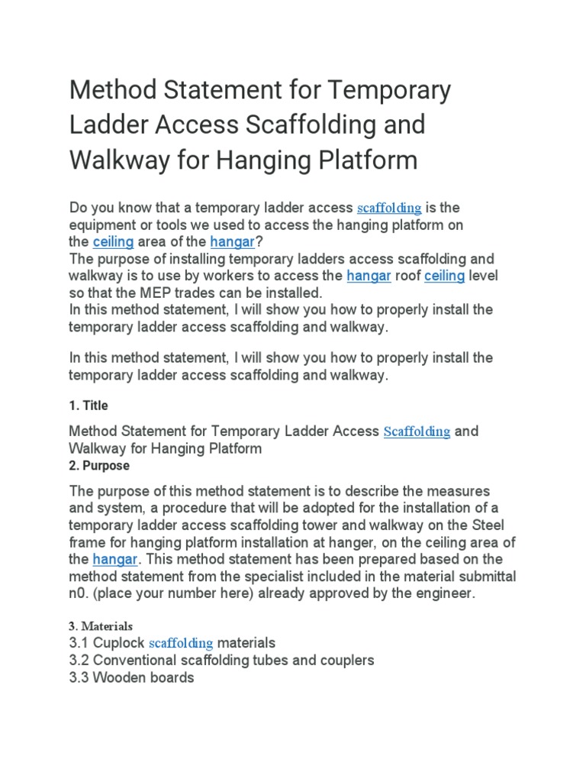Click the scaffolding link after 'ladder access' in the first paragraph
(x=389, y=208)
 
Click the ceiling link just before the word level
(x=444, y=276)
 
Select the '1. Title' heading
(x=89, y=406)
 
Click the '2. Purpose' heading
(x=99, y=465)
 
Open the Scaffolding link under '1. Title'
(x=417, y=431)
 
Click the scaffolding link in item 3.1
(x=181, y=643)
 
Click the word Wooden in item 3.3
(x=118, y=677)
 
